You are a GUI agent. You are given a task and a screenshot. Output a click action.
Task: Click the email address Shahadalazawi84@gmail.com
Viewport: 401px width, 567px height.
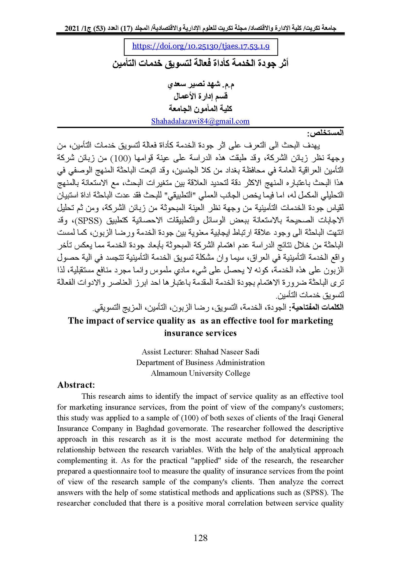tap(200, 121)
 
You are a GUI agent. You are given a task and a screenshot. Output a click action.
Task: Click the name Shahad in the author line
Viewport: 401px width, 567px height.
tap(207, 352)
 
